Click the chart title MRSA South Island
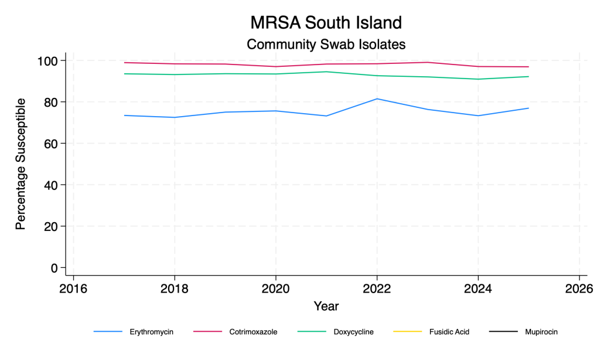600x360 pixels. pos(326,23)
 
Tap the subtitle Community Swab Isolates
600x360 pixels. pos(326,44)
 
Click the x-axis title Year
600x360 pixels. pos(326,306)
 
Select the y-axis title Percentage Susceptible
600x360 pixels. pos(21,164)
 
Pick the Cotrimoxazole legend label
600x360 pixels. pos(253,332)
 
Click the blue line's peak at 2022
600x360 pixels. pos(377,99)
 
